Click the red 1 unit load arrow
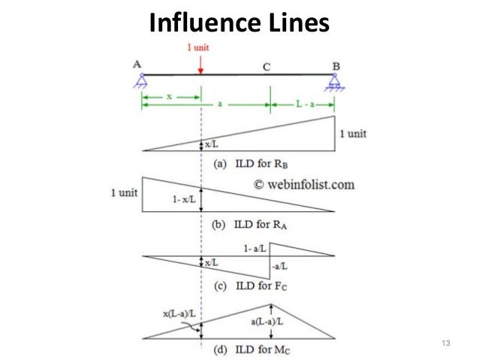200,63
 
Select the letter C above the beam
266,67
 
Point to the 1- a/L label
255,247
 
